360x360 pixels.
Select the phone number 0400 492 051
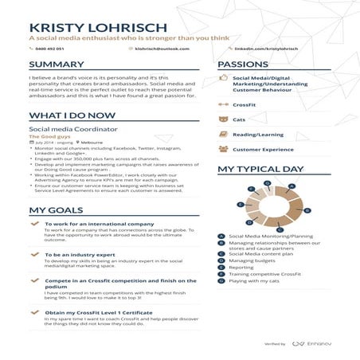(x=49, y=49)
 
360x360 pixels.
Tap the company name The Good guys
(x=49, y=136)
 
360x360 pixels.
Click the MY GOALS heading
(x=53, y=210)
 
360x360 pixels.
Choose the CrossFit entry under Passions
(x=246, y=104)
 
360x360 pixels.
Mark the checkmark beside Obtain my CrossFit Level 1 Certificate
(x=33, y=311)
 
